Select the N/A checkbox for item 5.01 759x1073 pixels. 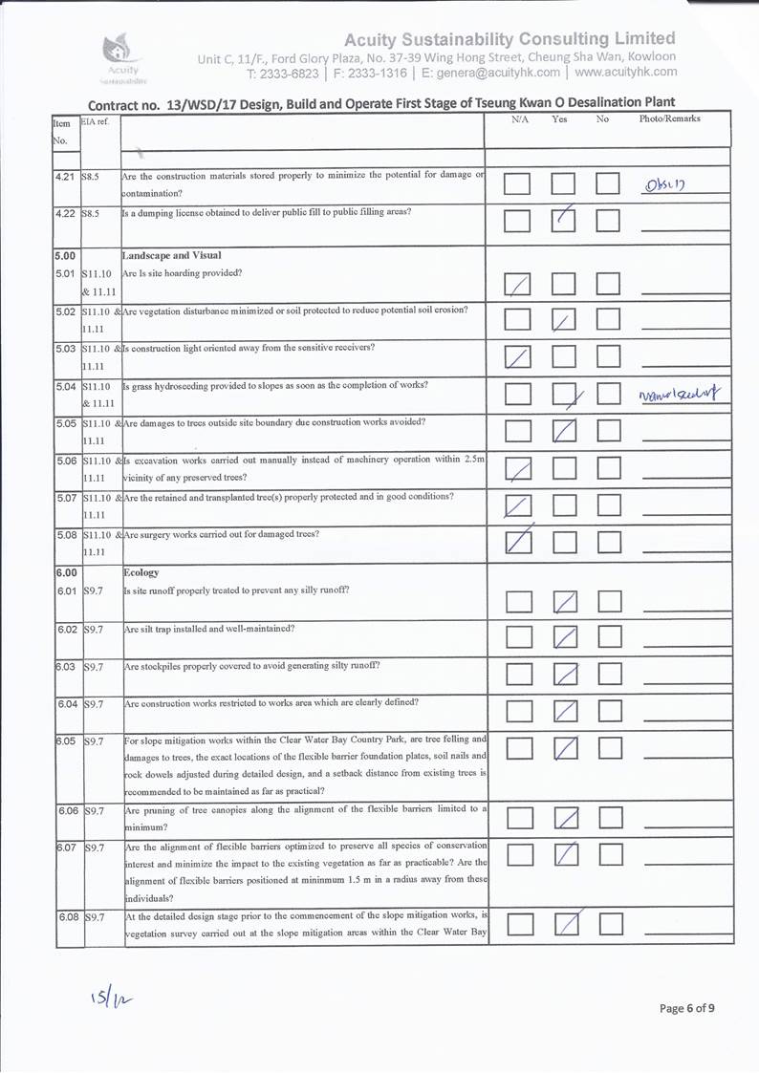[518, 284]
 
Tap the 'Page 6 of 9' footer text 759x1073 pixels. [686, 1007]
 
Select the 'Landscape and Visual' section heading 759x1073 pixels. [171, 255]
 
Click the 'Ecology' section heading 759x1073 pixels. [141, 572]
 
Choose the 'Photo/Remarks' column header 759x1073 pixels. [669, 119]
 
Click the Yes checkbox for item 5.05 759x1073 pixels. [565, 432]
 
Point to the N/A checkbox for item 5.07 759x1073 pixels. [518, 506]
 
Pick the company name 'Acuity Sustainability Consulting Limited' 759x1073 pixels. [509, 38]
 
